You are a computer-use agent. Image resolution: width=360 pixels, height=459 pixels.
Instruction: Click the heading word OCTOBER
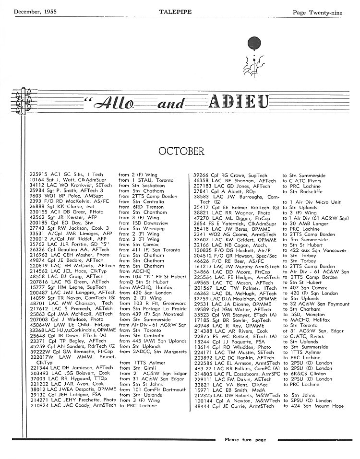[181, 152]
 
